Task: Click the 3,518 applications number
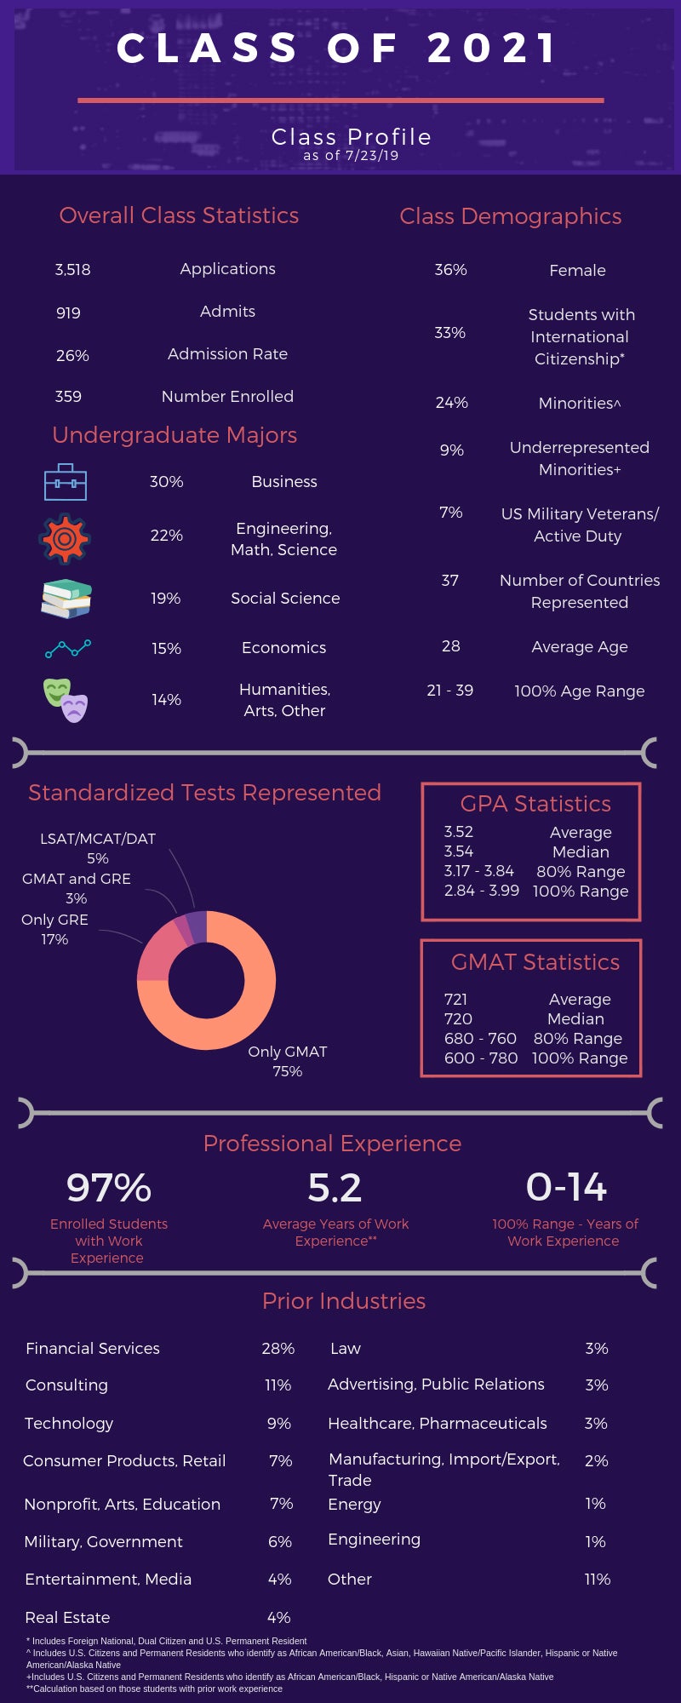72,270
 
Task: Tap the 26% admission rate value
72,355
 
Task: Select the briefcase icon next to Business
66,482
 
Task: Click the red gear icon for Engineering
65,538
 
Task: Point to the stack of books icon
66,599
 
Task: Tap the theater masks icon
66,700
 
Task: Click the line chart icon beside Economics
68,649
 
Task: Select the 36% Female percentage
450,270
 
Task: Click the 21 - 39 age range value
449,691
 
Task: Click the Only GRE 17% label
54,929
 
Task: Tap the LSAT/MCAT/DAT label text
98,839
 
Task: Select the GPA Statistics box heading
535,804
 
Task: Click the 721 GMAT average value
456,1000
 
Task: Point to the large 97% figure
109,1188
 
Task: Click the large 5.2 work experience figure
335,1188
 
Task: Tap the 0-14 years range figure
566,1187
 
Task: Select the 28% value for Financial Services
278,1349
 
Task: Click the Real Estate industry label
67,1617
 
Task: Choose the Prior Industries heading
344,1301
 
